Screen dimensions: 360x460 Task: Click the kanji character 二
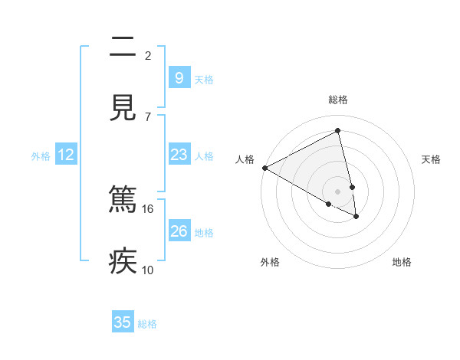coord(123,47)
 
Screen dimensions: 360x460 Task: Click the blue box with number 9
coord(179,77)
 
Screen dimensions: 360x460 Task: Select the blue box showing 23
coord(179,155)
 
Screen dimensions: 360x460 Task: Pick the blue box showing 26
coord(179,231)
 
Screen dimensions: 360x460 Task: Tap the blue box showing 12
coord(66,155)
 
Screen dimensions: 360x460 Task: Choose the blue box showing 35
coord(123,322)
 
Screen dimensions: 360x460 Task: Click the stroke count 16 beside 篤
coord(148,208)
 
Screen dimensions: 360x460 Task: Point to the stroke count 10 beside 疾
coord(148,270)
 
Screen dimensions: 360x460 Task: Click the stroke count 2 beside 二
coord(148,55)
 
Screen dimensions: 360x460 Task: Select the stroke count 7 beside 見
coord(148,116)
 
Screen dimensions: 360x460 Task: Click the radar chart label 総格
coord(338,100)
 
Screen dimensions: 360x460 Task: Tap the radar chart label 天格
coord(431,159)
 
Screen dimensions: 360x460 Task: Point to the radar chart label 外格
coord(270,262)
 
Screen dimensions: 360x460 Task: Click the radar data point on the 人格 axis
coord(264,168)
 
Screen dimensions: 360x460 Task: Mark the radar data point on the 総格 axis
coord(338,131)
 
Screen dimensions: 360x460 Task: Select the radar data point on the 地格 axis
coord(356,217)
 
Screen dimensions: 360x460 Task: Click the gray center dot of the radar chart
coord(338,191)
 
